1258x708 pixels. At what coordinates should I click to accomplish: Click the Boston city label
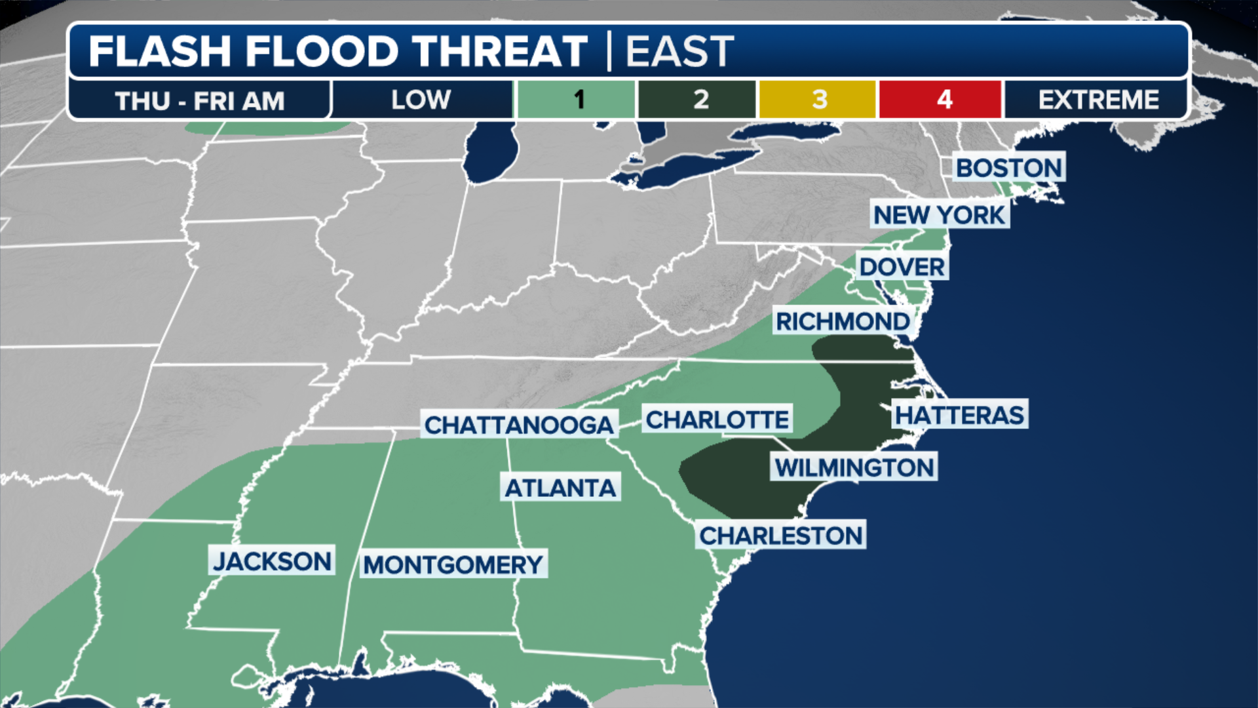(1008, 168)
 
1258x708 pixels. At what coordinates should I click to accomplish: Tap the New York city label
(939, 215)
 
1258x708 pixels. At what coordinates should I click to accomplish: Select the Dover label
(902, 267)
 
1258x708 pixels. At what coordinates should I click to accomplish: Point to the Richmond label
(843, 321)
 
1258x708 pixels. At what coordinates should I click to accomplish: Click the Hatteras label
(959, 415)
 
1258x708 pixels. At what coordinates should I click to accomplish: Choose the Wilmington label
(854, 467)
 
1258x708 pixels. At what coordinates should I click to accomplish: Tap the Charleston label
(781, 536)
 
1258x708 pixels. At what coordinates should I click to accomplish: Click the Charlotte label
(717, 420)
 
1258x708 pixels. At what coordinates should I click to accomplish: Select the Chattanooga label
(519, 425)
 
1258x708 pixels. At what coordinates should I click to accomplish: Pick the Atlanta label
(560, 488)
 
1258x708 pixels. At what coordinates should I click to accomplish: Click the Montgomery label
(453, 564)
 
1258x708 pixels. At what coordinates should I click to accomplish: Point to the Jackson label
(272, 561)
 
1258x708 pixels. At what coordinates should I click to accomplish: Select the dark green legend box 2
(698, 100)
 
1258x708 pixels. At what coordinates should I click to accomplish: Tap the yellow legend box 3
(818, 100)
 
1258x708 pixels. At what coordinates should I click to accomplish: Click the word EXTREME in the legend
(1098, 100)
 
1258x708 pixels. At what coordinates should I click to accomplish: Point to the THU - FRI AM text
(200, 101)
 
